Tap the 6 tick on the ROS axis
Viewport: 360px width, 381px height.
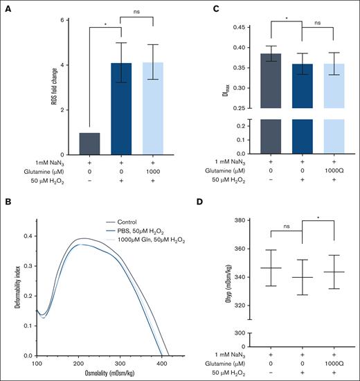click(x=63, y=19)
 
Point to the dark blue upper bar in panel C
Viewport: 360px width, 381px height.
click(x=302, y=87)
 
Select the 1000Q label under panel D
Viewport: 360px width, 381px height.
click(x=334, y=363)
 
